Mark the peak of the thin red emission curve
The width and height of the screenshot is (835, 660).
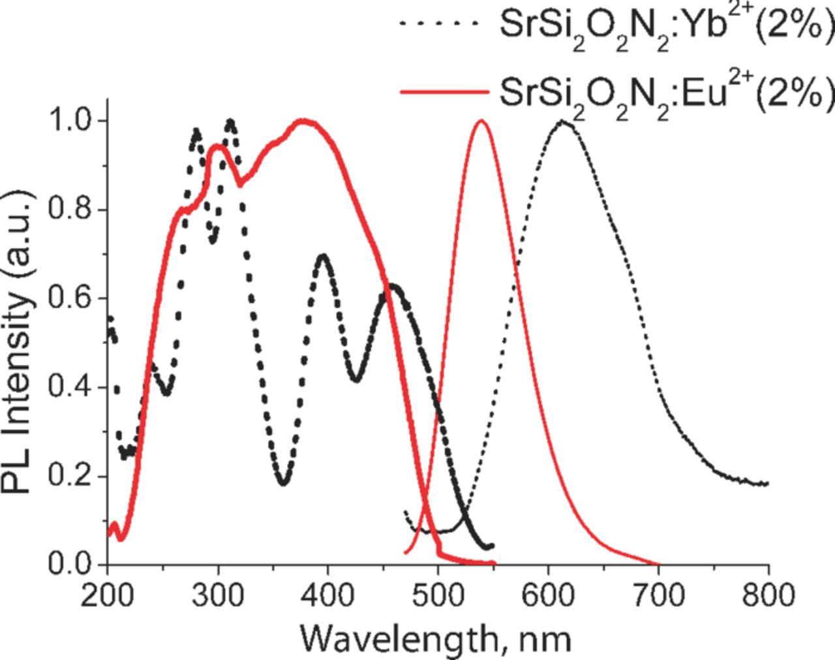click(x=481, y=121)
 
